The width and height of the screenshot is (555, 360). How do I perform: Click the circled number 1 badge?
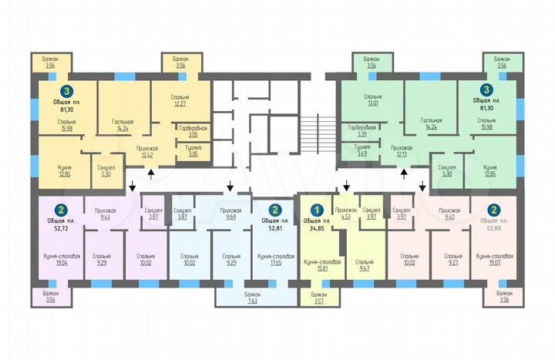(315, 209)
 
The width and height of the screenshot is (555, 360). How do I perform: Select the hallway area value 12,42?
(149, 154)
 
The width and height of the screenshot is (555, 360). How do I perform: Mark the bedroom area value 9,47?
(366, 269)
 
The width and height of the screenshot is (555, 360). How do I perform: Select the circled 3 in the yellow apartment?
(69, 91)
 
